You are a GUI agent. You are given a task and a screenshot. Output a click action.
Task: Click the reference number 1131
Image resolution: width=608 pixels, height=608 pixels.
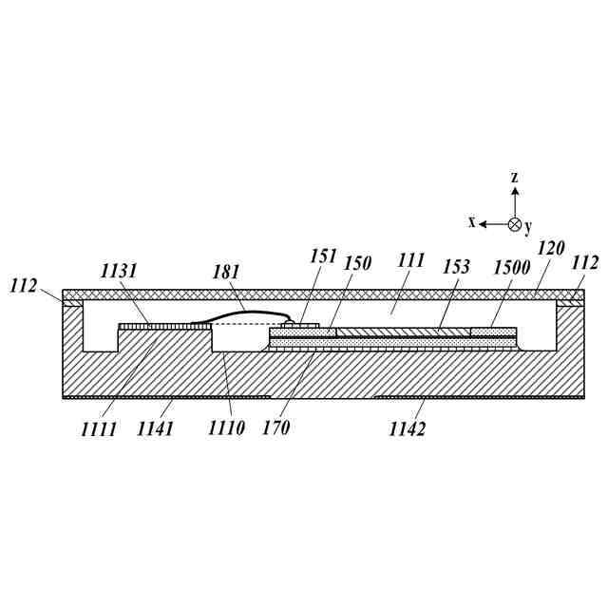[119, 272]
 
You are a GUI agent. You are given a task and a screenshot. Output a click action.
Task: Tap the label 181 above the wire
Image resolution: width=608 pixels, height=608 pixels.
[225, 273]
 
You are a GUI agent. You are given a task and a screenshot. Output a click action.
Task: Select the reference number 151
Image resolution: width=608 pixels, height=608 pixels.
[324, 256]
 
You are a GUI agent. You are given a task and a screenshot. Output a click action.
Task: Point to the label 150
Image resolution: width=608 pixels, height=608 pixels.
[357, 263]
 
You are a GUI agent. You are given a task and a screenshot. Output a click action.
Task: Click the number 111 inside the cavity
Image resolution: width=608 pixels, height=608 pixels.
[410, 260]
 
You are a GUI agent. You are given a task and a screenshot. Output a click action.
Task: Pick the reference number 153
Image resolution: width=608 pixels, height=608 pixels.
[456, 267]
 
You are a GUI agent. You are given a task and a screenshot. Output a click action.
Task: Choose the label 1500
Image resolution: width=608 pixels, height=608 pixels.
[511, 268]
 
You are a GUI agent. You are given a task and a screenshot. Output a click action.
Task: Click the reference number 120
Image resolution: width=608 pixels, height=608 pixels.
[550, 249]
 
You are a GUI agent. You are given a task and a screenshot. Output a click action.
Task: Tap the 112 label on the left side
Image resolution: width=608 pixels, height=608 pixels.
[25, 285]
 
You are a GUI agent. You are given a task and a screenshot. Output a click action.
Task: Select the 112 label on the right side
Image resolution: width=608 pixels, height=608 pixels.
[585, 262]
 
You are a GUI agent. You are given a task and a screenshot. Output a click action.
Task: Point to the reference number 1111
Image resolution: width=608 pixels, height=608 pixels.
[99, 429]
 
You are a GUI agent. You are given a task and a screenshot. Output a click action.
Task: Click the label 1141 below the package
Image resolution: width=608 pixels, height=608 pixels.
[155, 429]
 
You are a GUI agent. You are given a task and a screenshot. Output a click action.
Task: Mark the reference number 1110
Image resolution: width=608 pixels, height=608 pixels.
[226, 428]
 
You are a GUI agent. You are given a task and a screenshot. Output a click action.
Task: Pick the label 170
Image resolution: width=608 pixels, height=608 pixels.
[275, 428]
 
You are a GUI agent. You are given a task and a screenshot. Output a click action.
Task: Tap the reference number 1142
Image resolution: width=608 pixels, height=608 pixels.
[407, 429]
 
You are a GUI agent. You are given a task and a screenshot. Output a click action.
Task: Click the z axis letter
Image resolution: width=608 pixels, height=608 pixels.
[514, 178]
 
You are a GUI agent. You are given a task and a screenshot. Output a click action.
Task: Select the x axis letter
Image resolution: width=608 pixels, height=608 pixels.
[471, 222]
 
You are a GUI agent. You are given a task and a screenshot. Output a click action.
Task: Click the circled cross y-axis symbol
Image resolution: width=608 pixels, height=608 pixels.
[514, 224]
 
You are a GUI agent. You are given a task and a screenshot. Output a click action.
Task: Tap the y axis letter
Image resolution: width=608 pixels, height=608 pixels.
[528, 227]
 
